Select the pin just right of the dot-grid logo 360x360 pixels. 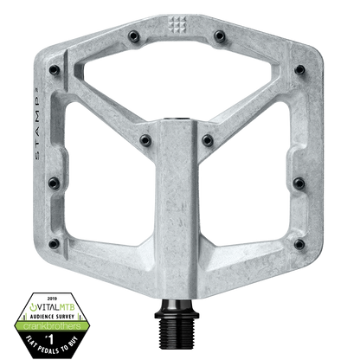point(221,36)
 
